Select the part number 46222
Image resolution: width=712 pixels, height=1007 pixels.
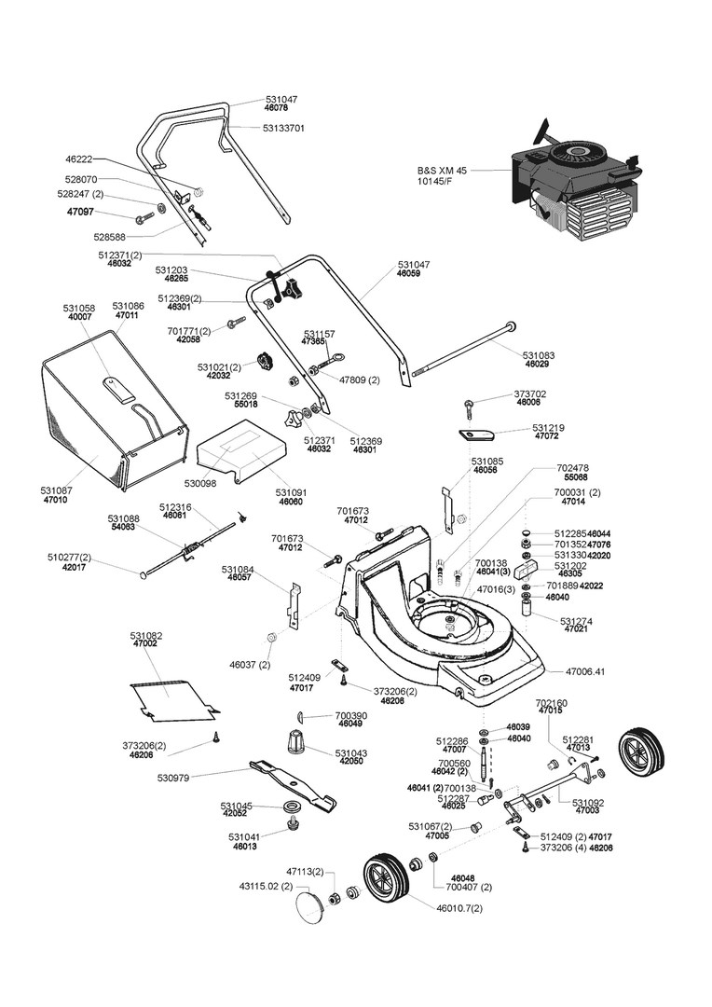coord(79,159)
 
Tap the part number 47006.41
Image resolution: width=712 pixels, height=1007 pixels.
coord(585,671)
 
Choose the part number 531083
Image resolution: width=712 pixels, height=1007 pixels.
coord(539,355)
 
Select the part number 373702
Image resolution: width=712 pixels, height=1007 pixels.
coord(530,393)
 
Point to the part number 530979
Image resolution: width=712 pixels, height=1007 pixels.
coord(174,777)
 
